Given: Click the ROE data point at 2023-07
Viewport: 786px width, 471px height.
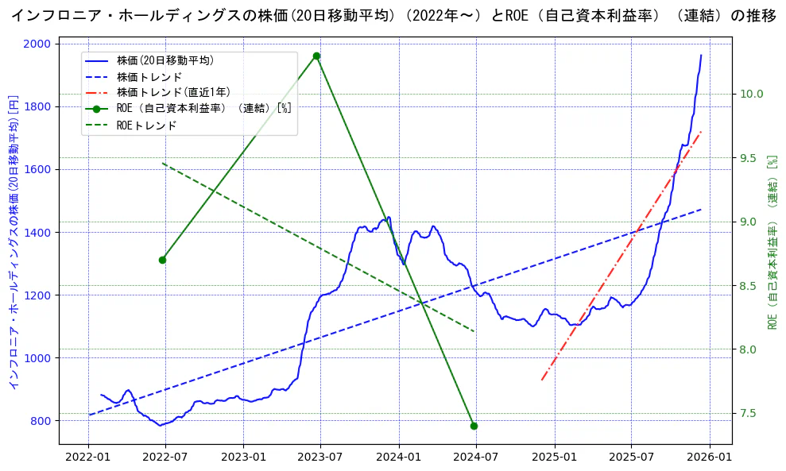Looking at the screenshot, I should pos(316,56).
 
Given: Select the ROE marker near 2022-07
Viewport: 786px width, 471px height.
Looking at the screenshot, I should pos(162,260).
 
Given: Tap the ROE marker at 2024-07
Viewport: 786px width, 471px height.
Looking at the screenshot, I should pos(474,426).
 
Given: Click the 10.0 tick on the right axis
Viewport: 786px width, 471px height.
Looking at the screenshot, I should pos(751,94).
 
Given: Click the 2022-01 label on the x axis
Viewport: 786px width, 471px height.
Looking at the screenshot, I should pos(88,457).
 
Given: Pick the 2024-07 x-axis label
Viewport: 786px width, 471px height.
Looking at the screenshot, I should pos(475,457).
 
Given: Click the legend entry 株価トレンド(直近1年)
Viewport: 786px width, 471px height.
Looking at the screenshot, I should pos(173,92).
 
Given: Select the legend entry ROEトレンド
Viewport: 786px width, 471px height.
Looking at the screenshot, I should pos(146,125).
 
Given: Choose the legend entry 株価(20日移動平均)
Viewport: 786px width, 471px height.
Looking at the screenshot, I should pos(165,60).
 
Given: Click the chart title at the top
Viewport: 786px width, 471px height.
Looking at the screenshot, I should pos(393,16).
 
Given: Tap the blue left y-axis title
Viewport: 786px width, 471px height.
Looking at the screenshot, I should pos(13,242).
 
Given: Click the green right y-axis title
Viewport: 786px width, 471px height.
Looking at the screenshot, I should pos(771,242).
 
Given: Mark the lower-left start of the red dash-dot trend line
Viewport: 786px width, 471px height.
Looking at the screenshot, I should pos(542,380).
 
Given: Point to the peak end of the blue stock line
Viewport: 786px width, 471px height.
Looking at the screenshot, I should pos(701,55).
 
